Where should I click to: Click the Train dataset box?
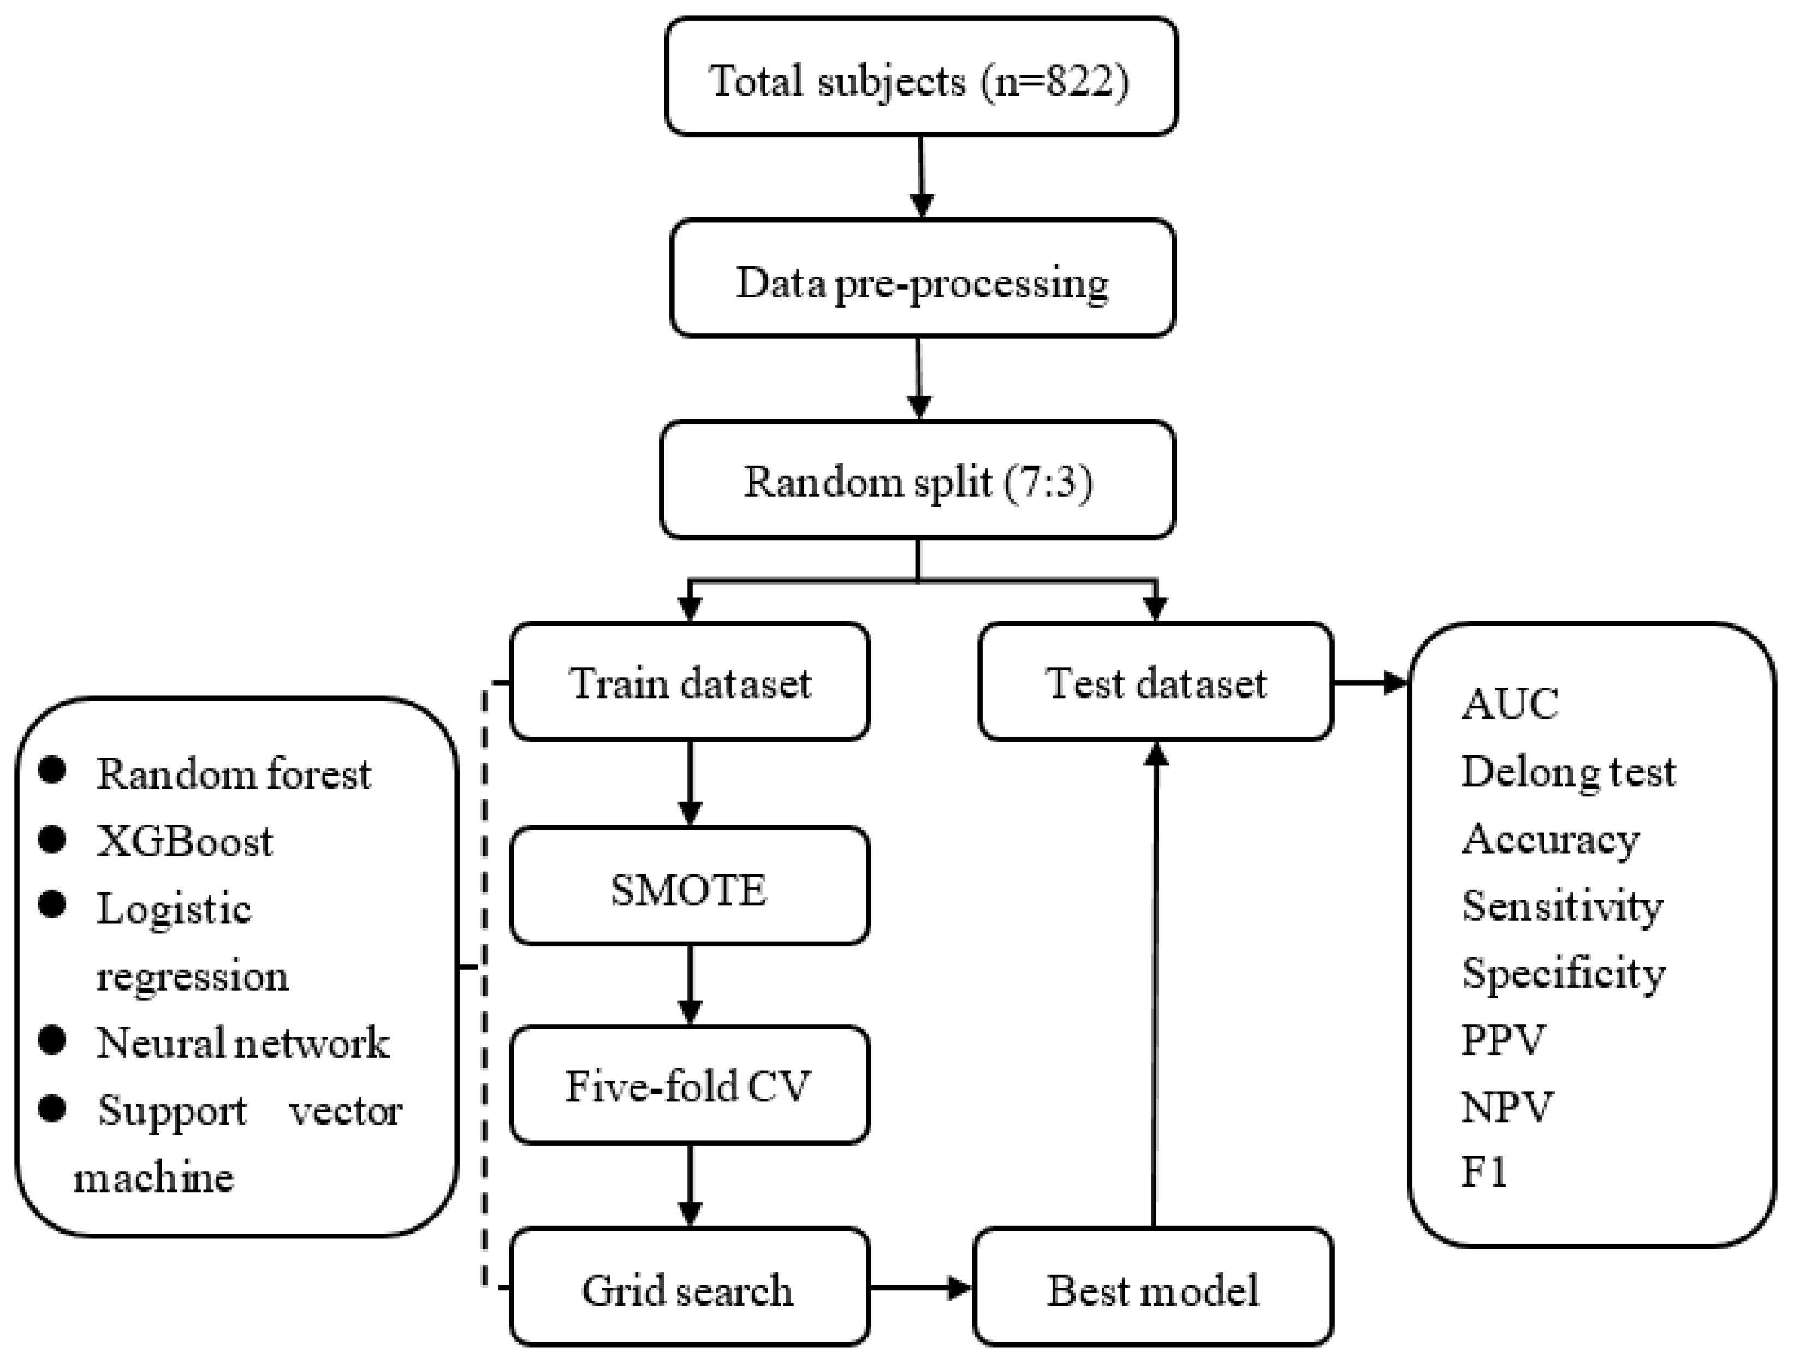(x=690, y=682)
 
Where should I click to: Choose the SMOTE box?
(x=690, y=886)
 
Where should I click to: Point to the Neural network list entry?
(x=242, y=1042)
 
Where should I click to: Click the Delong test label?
(x=1568, y=772)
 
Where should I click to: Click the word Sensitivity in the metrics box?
(x=1561, y=906)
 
